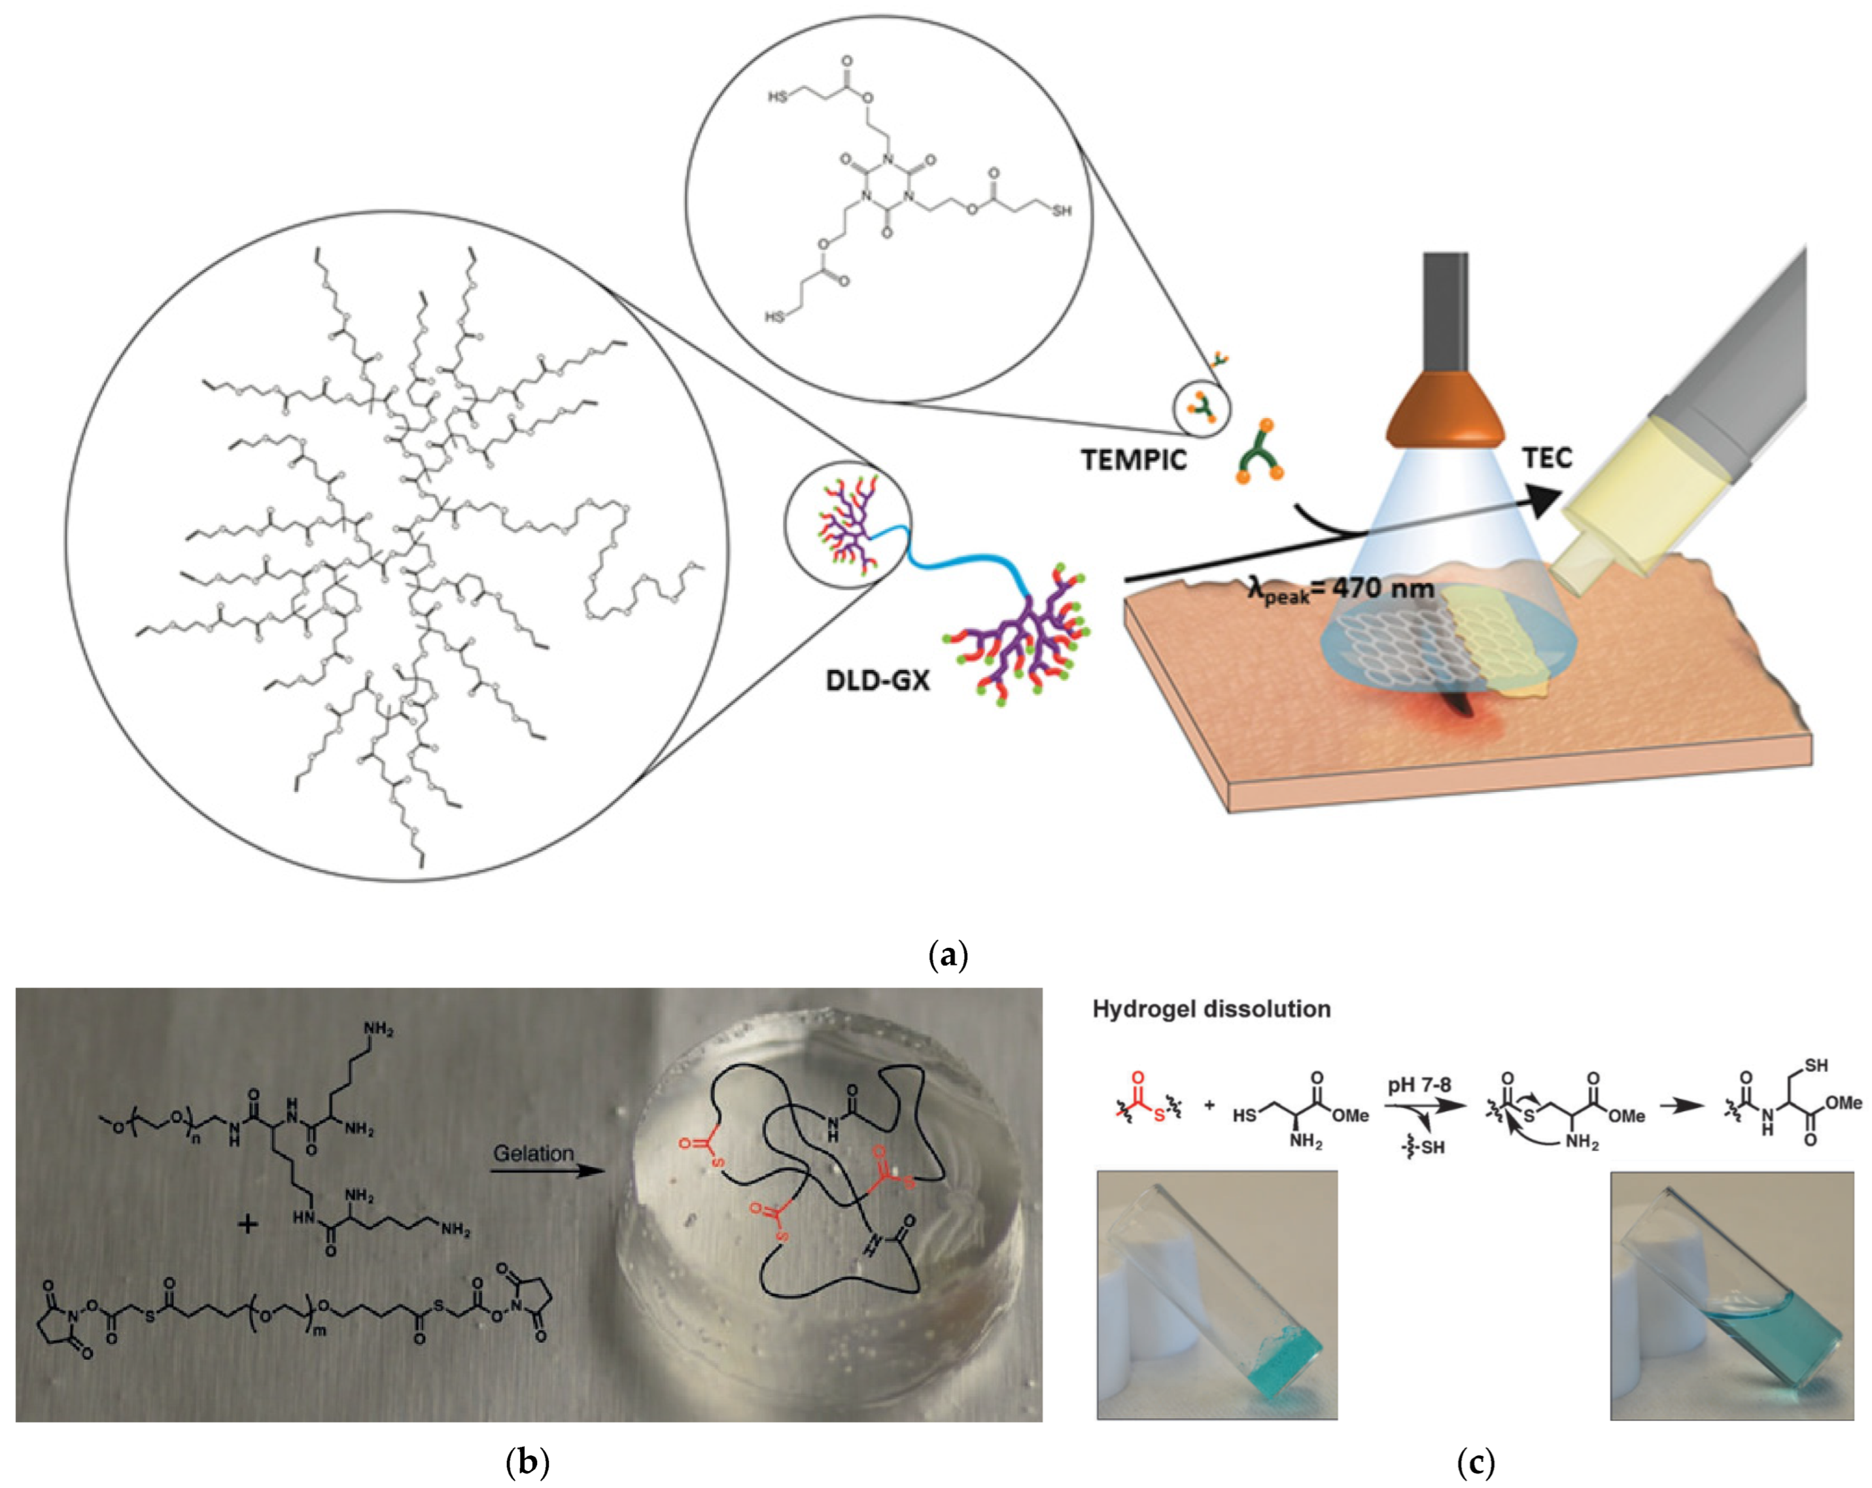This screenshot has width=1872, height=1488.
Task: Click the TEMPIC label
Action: pyautogui.click(x=1133, y=459)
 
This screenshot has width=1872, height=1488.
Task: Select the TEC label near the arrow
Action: pyautogui.click(x=1548, y=457)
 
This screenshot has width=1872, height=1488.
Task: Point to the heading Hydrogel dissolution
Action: pyautogui.click(x=1211, y=1009)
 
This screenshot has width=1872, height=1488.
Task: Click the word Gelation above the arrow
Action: pyautogui.click(x=533, y=1154)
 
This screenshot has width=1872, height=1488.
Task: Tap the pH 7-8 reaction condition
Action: pyautogui.click(x=1419, y=1085)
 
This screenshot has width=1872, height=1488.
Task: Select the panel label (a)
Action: pyautogui.click(x=947, y=956)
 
